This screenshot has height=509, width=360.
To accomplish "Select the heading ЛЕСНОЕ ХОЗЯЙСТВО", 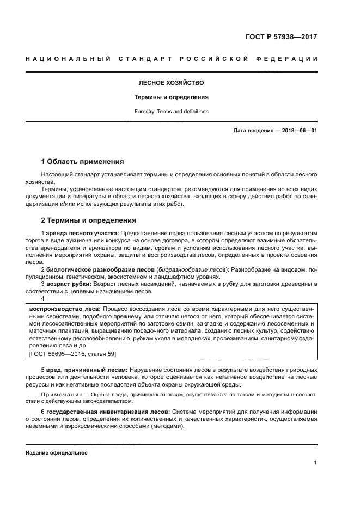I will pos(172,83).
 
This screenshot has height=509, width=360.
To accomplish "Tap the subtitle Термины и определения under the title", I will pos(172,97).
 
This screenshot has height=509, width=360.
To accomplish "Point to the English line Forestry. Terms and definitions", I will pos(172,112).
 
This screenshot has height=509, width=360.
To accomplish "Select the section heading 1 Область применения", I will pos(83,162).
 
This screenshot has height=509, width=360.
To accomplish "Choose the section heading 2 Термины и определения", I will pos(89,220).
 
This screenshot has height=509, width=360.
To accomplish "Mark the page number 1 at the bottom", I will pos(315,463).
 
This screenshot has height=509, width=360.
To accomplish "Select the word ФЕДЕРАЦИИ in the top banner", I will pos(291,59).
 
